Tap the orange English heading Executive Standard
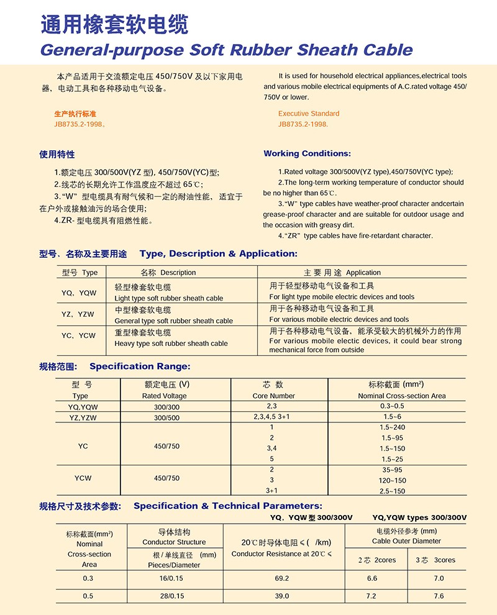point(309,114)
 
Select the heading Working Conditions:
point(307,153)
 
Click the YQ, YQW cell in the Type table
point(79,293)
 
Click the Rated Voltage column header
point(165,396)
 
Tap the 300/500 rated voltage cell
point(166,418)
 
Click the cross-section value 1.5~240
point(391,427)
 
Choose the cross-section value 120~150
point(391,480)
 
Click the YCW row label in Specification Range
point(83,478)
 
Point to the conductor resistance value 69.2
point(282,578)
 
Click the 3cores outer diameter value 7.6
point(439,596)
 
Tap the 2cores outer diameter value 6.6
point(372,578)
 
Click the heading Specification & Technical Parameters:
point(228,506)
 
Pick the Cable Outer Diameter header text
point(406,541)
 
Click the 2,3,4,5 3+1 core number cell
point(272,418)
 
